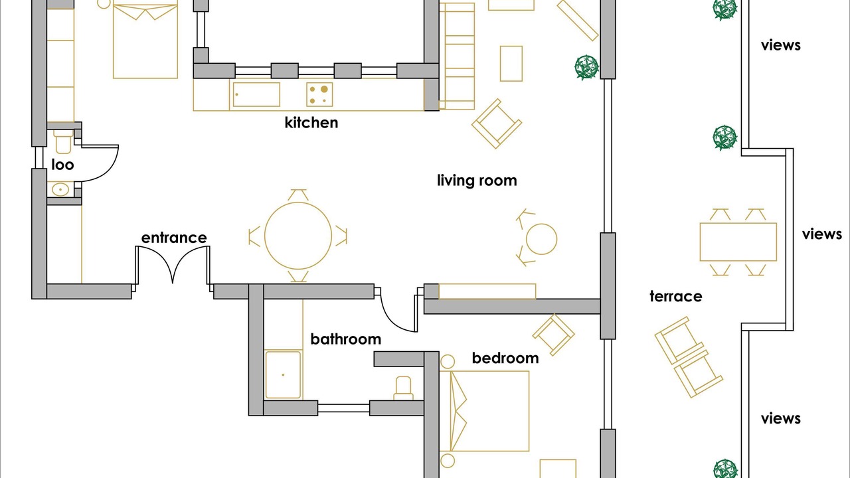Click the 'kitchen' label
point(311,123)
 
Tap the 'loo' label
point(62,165)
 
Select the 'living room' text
point(477,181)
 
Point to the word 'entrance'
point(174,238)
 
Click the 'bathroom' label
point(346,339)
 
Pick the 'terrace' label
point(676,296)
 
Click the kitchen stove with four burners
point(319,94)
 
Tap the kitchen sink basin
point(256,94)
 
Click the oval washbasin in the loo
point(60,189)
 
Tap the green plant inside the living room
point(586,68)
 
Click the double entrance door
point(173,266)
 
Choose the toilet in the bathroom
point(403,388)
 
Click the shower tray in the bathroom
point(283,375)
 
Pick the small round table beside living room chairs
point(541,239)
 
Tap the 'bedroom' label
point(505,358)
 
